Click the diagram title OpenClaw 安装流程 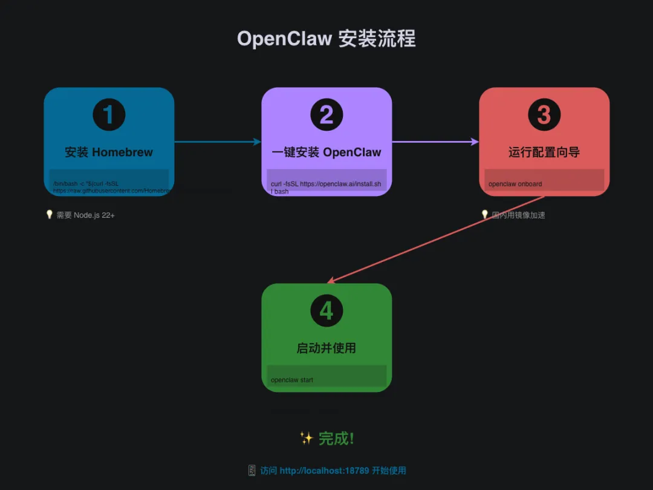[x=326, y=39]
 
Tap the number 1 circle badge [x=109, y=114]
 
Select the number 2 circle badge [x=326, y=114]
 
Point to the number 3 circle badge [x=544, y=114]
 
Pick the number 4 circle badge [x=326, y=310]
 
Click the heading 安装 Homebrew [x=109, y=152]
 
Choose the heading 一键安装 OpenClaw [x=326, y=152]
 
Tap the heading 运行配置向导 [x=544, y=152]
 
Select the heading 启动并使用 [x=326, y=348]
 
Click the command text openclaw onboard [x=515, y=184]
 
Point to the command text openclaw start [x=292, y=380]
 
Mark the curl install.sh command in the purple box [x=326, y=187]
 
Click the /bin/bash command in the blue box [x=109, y=187]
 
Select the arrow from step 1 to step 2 [x=218, y=142]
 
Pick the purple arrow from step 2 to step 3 [x=435, y=142]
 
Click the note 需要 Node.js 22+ [x=85, y=215]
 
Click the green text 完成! [x=336, y=439]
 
